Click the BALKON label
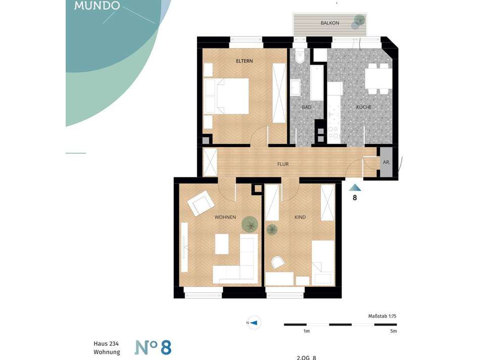coord(330,23)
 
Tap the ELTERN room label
coord(244,61)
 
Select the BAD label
coord(306,107)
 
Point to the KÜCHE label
coord(364,107)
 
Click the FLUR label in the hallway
coord(283,164)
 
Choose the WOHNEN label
coord(225,217)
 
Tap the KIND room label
coord(300,217)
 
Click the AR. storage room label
coord(387,162)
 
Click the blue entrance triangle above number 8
coord(355,188)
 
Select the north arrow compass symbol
coord(254,323)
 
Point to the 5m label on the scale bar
coord(394,331)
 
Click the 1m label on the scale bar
coord(306,331)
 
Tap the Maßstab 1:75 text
coord(382,316)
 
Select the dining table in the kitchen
coord(378,79)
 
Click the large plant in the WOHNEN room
coord(250,224)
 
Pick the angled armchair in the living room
coord(201,203)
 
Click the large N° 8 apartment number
coord(153,347)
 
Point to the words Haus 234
coord(106,344)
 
